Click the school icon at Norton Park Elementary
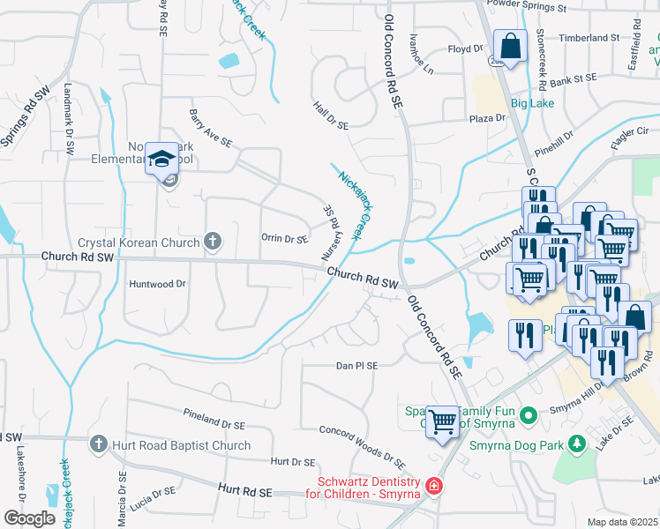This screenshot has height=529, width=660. tap(161, 159)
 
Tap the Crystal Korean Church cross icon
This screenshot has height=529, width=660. tap(212, 240)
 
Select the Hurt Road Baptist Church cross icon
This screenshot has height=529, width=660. tap(99, 445)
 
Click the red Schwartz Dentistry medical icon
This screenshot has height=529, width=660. tap(433, 486)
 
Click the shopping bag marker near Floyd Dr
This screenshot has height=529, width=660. tap(511, 45)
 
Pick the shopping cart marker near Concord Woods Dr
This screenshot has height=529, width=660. tap(442, 422)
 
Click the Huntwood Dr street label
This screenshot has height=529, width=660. tap(158, 284)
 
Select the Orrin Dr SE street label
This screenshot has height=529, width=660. tap(284, 239)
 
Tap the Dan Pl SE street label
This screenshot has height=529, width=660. tap(356, 366)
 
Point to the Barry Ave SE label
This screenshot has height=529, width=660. tap(210, 128)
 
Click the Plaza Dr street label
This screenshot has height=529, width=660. tap(486, 117)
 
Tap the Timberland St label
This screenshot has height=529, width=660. tap(590, 39)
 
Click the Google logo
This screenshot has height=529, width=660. tap(29, 518)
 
